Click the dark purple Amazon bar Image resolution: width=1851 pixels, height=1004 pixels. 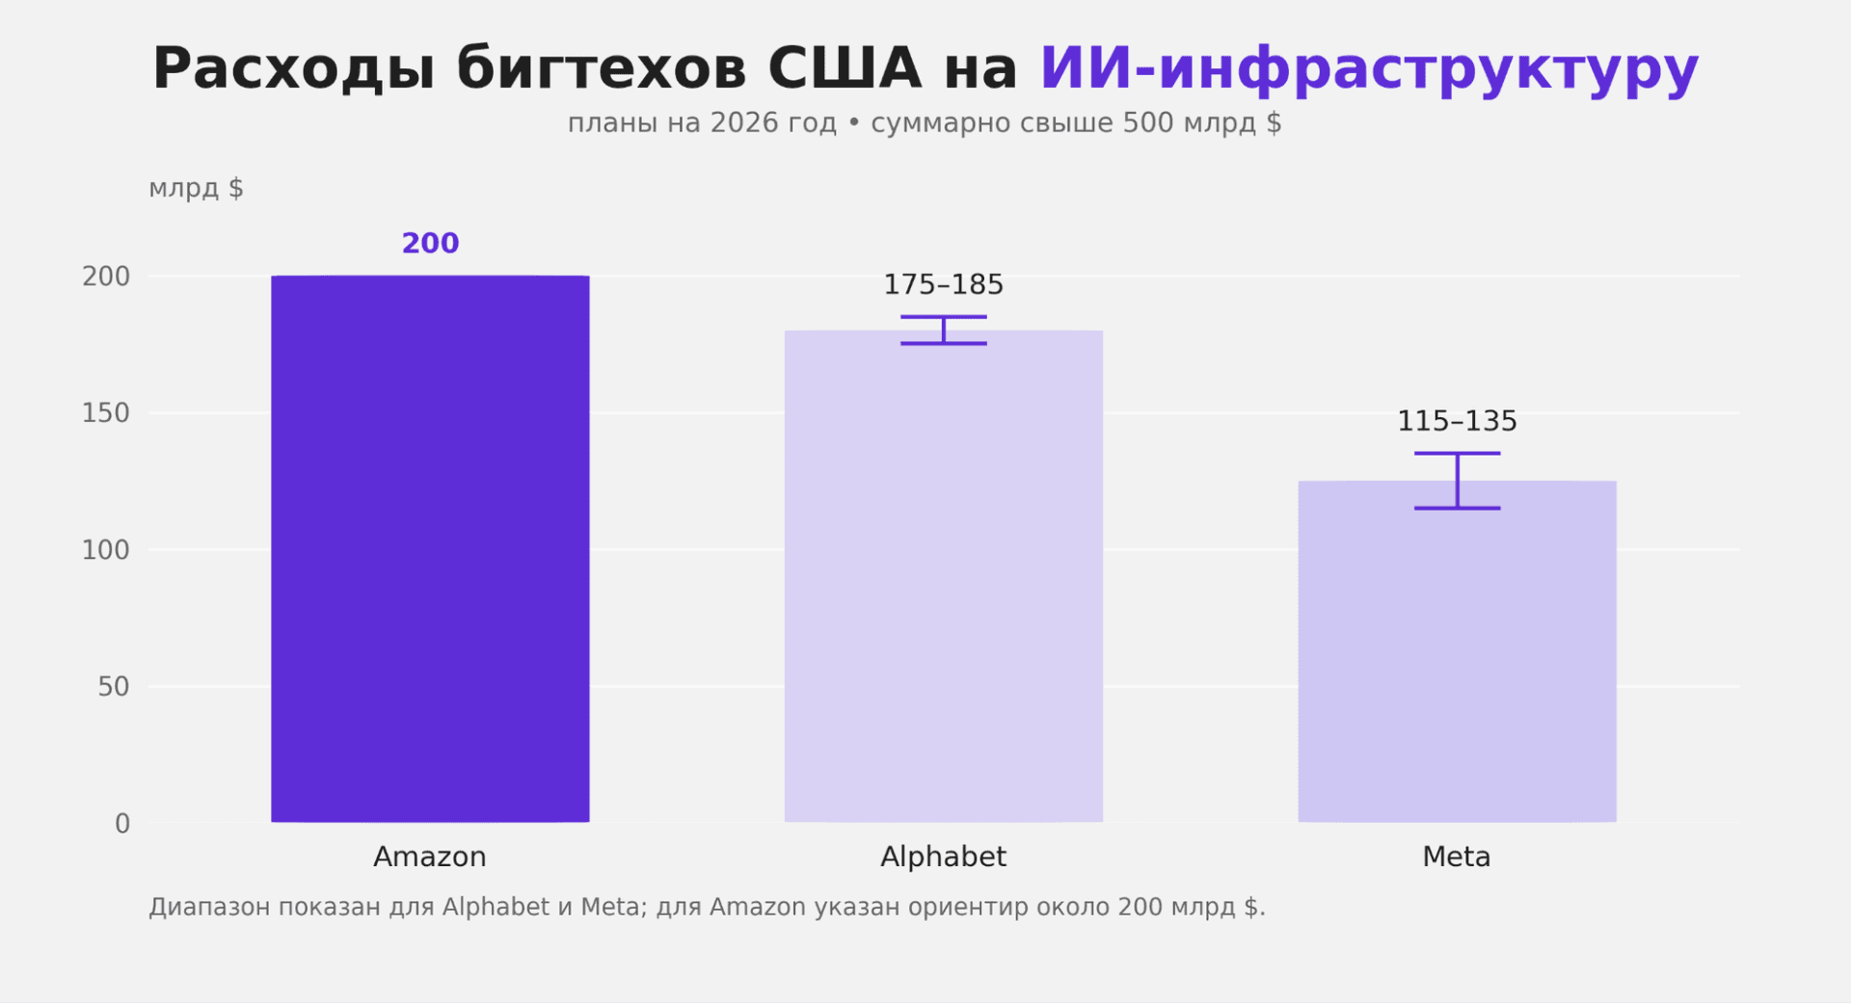coord(430,549)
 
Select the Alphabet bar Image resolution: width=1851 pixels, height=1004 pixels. coord(943,578)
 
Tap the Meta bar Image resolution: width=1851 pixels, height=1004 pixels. coord(1457,655)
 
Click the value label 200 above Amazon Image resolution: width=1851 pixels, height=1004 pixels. coord(430,244)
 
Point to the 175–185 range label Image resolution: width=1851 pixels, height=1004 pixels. coord(943,285)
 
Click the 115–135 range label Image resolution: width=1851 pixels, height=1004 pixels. coord(1457,422)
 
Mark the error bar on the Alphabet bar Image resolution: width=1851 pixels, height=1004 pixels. coord(944,330)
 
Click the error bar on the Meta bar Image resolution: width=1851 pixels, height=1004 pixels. coord(1458,481)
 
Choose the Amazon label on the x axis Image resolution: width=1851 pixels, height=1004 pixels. coord(430,857)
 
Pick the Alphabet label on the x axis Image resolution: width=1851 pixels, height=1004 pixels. coord(943,857)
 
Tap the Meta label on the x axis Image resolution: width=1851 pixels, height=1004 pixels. coord(1457,857)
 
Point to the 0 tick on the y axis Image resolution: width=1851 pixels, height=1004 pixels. coord(122,824)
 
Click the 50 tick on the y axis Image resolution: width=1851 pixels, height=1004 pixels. coord(114,687)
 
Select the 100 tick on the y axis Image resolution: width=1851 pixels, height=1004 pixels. coord(106,550)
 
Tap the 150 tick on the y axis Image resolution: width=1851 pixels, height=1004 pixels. coord(106,413)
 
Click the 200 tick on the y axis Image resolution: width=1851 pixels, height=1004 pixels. coord(106,277)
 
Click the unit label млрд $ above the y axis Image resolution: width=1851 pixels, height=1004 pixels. coord(196,188)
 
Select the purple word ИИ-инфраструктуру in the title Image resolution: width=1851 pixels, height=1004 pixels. coord(1369,69)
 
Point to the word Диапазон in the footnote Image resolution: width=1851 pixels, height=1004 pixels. coord(209,908)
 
